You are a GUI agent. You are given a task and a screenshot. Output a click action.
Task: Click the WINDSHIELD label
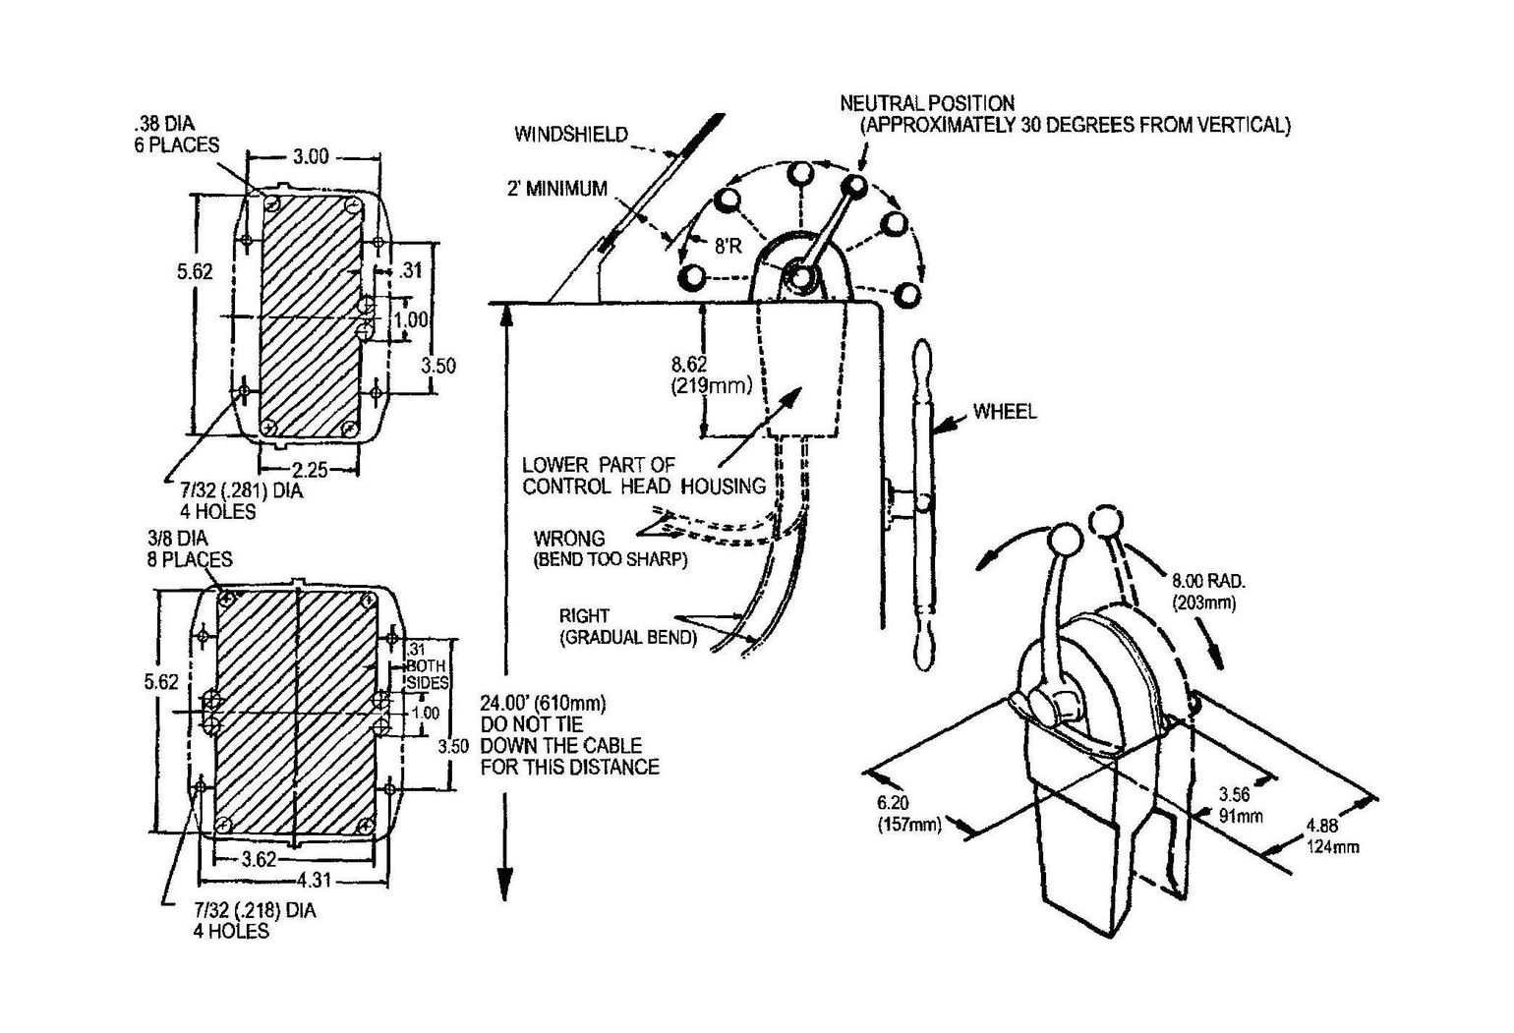pos(570,135)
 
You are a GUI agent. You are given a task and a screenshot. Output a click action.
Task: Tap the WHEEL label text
pos(1004,412)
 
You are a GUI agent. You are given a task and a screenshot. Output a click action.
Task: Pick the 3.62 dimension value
pos(260,859)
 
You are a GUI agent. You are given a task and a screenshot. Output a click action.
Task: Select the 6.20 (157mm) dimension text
pos(909,814)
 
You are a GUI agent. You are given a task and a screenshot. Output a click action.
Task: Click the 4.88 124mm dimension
pos(1333,835)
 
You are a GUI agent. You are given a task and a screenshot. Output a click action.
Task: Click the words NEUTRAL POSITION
pos(926,103)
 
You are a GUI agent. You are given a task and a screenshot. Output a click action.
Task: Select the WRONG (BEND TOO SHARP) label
pos(610,549)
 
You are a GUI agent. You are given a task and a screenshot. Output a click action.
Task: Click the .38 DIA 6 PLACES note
pos(176,135)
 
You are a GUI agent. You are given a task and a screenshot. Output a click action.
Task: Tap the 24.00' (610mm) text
pos(543,704)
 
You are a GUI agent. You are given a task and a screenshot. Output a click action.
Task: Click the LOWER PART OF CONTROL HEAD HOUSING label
pos(643,475)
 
